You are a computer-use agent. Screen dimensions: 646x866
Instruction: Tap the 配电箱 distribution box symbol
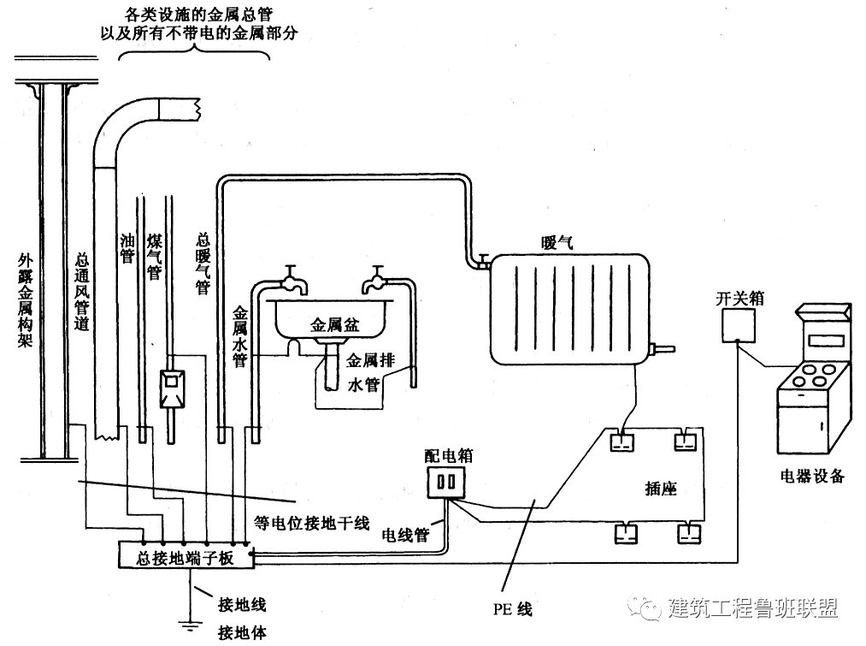pos(446,482)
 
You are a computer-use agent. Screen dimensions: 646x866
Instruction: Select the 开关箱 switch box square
pos(737,325)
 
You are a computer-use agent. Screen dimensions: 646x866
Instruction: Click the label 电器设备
pos(811,477)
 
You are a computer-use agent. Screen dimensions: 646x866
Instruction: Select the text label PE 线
pos(511,610)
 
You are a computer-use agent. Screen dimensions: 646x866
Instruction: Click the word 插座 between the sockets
pos(660,489)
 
